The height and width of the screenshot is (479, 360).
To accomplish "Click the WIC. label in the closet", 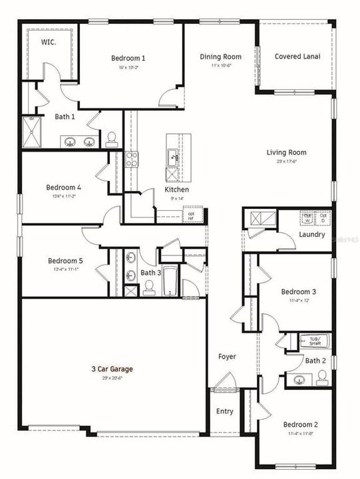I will [x=47, y=42].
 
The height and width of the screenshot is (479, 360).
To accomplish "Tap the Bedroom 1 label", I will [x=128, y=59].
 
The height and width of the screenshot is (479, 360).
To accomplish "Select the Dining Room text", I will [x=220, y=57].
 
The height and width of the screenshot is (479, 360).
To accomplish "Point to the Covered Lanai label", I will [x=297, y=57].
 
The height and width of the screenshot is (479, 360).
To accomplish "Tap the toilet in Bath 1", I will [x=112, y=138].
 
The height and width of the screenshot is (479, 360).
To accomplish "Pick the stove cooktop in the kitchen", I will [x=132, y=158].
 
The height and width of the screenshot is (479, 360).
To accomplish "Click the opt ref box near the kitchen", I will [x=191, y=214].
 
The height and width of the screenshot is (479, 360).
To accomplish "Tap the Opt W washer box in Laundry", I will [x=307, y=218].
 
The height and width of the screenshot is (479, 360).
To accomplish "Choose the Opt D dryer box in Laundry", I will [x=323, y=218].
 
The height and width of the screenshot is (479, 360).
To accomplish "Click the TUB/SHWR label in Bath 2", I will [x=314, y=341].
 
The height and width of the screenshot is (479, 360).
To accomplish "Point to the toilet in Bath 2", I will [x=322, y=379].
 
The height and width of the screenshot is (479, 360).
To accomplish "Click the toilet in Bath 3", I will [x=149, y=286].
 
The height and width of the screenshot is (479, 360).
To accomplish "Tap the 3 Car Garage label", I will [x=112, y=369].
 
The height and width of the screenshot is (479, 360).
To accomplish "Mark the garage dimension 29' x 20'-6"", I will [x=112, y=378].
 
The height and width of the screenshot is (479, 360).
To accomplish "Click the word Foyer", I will [x=227, y=357].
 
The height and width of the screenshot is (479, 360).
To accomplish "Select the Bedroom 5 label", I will [x=65, y=261].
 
